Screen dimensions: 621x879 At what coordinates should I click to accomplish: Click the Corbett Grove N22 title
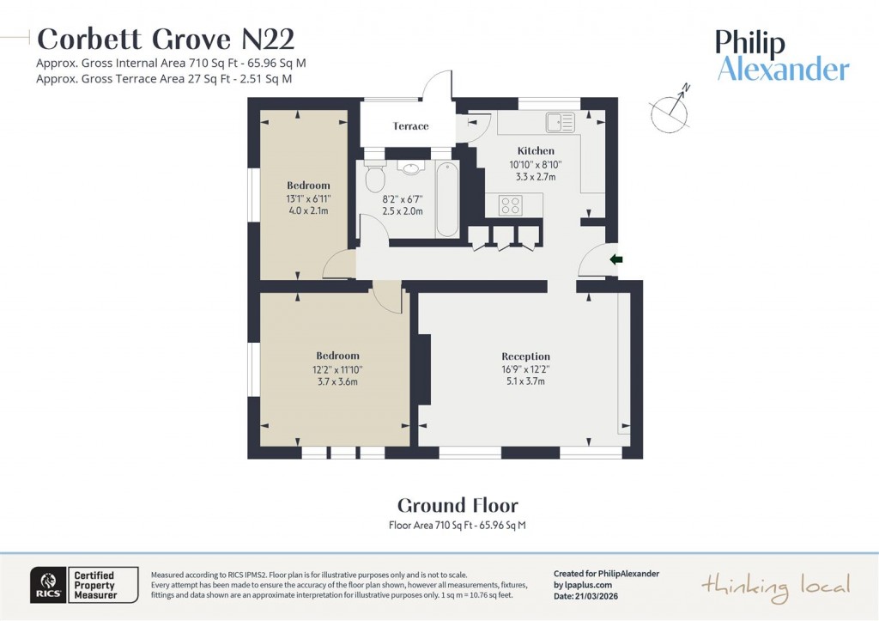(x=166, y=40)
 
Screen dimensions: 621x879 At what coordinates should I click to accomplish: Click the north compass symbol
(x=670, y=109)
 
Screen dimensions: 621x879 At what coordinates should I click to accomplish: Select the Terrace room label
(x=410, y=126)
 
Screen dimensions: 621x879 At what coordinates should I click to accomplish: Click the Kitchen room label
(x=536, y=151)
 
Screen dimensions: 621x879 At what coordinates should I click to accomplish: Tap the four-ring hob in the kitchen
(x=510, y=205)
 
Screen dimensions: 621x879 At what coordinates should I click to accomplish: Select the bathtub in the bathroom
(x=447, y=198)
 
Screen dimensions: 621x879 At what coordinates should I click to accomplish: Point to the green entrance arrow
(x=615, y=259)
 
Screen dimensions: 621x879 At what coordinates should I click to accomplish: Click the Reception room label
(x=525, y=356)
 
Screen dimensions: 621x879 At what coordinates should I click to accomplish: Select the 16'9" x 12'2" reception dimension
(x=525, y=369)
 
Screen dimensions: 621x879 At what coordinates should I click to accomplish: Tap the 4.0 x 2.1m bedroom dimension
(x=307, y=210)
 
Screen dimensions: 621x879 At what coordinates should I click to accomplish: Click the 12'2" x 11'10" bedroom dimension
(x=337, y=369)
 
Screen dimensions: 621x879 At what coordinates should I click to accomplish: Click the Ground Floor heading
(x=458, y=505)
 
